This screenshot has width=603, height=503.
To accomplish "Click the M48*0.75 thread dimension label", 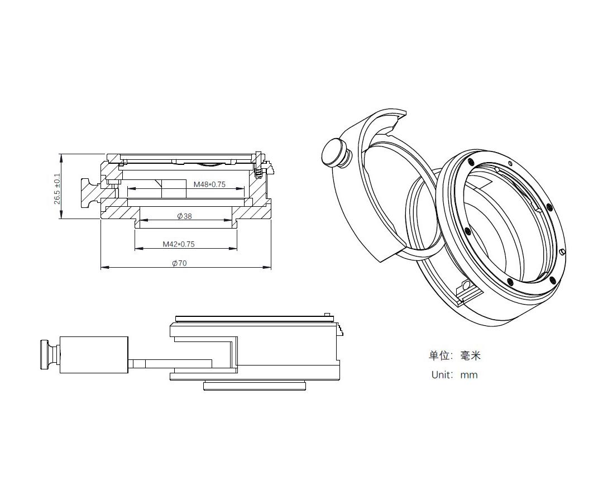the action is (209, 184).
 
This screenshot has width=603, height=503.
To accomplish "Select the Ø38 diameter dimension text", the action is (185, 216).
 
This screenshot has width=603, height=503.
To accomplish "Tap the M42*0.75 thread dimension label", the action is (179, 244).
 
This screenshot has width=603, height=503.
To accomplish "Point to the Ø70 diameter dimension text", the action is (179, 263).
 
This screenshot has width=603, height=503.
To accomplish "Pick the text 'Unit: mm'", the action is (454, 375).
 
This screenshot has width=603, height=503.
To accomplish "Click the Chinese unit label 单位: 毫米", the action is (455, 355).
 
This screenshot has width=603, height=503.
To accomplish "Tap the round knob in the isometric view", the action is (333, 153).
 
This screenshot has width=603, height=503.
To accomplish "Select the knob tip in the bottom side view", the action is (45, 355).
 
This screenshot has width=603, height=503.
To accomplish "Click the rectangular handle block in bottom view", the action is (94, 354).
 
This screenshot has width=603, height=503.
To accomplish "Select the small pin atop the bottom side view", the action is (327, 315).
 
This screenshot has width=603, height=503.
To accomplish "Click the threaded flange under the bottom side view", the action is (255, 386).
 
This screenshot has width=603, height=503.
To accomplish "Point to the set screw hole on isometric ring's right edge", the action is (563, 252).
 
